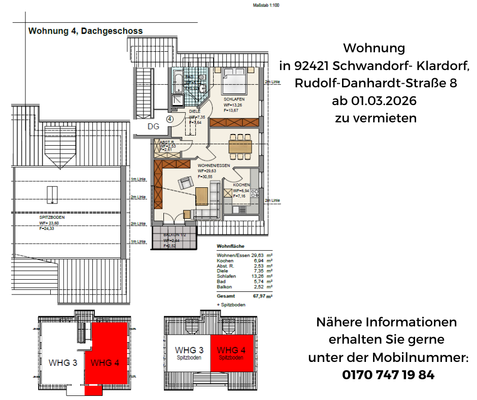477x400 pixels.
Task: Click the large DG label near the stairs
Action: pyautogui.click(x=154, y=126)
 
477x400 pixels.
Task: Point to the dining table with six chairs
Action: pyautogui.click(x=240, y=147)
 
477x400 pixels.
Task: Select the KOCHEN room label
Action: pyautogui.click(x=242, y=185)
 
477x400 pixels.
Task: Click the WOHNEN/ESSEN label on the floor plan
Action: pyautogui.click(x=214, y=165)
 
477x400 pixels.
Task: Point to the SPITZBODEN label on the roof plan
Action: pyautogui.click(x=52, y=217)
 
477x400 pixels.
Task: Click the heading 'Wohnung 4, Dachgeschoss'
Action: pyautogui.click(x=85, y=31)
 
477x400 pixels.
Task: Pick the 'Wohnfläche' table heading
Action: pyautogui.click(x=230, y=246)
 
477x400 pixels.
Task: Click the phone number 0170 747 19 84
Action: pyautogui.click(x=388, y=375)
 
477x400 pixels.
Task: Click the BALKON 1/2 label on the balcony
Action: pyautogui.click(x=174, y=235)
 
